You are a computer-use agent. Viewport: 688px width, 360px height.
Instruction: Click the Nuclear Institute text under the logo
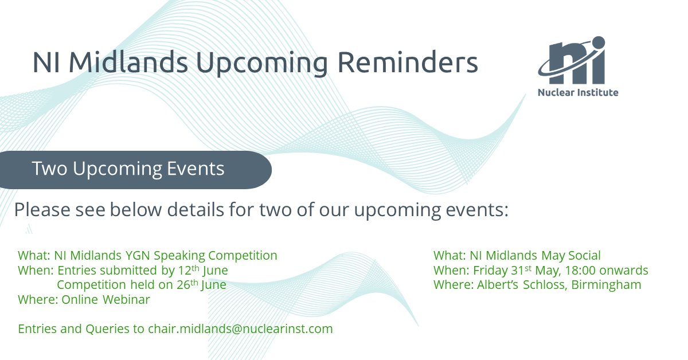[578, 92]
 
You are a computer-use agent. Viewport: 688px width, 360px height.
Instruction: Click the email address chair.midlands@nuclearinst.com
[240, 329]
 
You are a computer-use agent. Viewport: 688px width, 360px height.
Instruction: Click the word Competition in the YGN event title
[243, 256]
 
